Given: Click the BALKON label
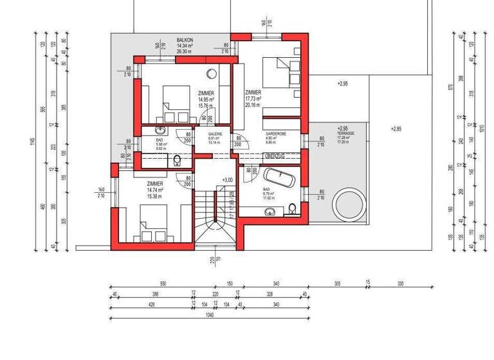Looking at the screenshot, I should click(185, 40).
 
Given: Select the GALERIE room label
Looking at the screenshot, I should click(215, 134).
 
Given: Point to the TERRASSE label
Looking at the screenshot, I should click(345, 133).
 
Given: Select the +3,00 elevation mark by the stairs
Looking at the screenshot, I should click(227, 180).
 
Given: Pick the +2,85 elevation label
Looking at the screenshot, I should click(396, 129).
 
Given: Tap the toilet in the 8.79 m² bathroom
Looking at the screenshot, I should click(293, 208).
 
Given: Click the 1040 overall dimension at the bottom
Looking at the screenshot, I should click(208, 315).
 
